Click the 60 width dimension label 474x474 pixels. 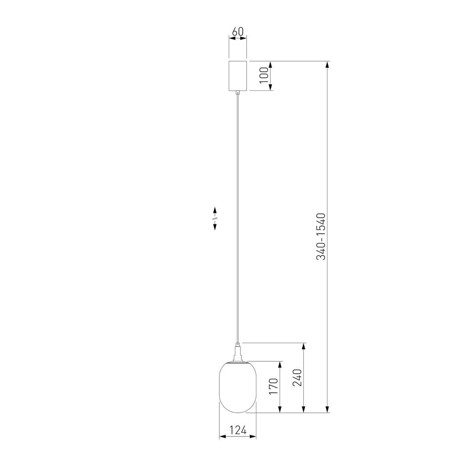pos(237,32)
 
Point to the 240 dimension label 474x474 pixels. pos(298,378)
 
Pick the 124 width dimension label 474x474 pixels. pos(237,430)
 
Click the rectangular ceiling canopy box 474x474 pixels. pos(238,76)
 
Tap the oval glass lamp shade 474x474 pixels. pos(238,387)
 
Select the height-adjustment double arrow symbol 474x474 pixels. pos(215,218)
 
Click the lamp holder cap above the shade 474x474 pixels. pos(238,354)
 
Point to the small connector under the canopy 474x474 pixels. pos(238,93)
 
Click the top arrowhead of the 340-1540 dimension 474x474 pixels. pos(327,65)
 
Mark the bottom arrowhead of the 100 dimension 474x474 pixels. pos(271,87)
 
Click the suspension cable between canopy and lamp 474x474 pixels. pos(238,217)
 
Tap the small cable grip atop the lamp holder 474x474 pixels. pos(238,344)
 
